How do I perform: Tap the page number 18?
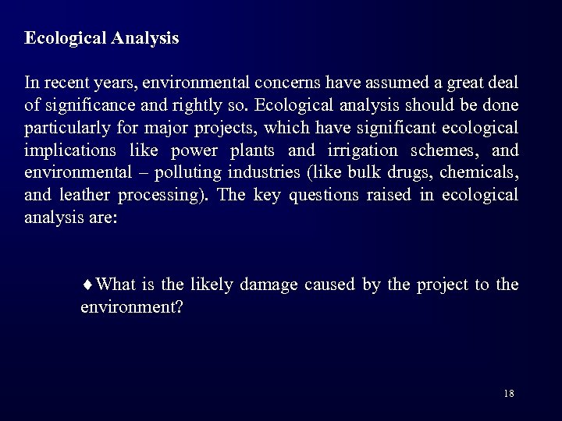coord(509,393)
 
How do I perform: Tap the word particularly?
coord(64,128)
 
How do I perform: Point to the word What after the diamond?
coord(118,285)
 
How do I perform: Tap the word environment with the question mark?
coord(132,307)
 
